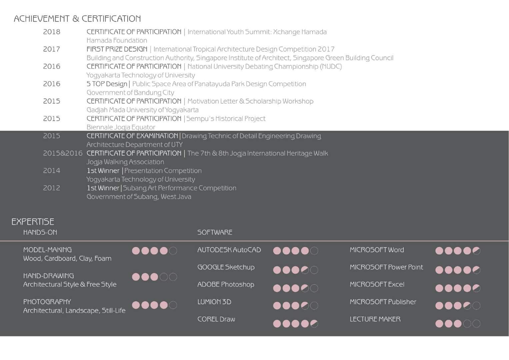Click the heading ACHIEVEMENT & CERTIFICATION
click(x=77, y=19)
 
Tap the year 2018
click(x=52, y=32)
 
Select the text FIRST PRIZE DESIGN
click(x=117, y=49)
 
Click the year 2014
click(x=52, y=171)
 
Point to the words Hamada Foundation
click(x=117, y=41)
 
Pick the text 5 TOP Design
click(x=107, y=84)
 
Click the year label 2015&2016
click(x=63, y=153)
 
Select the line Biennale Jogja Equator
click(x=121, y=127)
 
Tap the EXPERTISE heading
click(x=33, y=222)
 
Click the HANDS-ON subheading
click(x=40, y=232)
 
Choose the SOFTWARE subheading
click(x=215, y=232)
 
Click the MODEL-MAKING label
click(x=47, y=250)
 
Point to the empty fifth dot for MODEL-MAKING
click(x=173, y=251)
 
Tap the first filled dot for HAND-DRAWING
click(x=136, y=277)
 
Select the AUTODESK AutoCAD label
click(x=229, y=250)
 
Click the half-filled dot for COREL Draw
click(x=314, y=323)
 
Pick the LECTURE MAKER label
click(x=375, y=319)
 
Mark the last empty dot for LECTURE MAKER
click(x=477, y=323)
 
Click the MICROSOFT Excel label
click(x=377, y=285)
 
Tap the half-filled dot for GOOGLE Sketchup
click(x=305, y=270)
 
